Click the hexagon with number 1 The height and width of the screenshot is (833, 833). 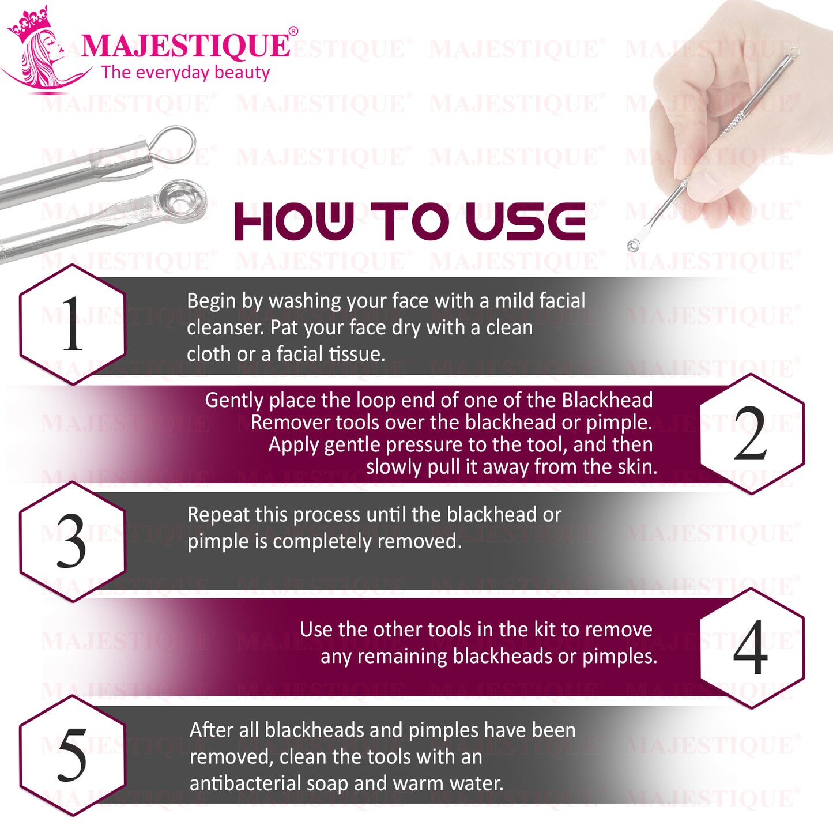[x=73, y=325]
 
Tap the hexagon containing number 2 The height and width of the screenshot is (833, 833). [x=752, y=434]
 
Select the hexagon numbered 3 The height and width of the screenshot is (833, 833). [x=73, y=542]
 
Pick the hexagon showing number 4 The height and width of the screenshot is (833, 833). [x=752, y=648]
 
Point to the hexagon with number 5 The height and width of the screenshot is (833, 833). [x=73, y=755]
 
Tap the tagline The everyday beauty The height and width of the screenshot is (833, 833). [x=186, y=73]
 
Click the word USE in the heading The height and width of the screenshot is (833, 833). [x=526, y=221]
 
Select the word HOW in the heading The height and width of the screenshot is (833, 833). [x=294, y=221]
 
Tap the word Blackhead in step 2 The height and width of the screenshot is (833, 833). [x=607, y=400]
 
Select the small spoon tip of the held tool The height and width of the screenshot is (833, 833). [x=633, y=246]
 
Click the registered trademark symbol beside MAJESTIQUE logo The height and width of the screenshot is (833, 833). [x=293, y=31]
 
